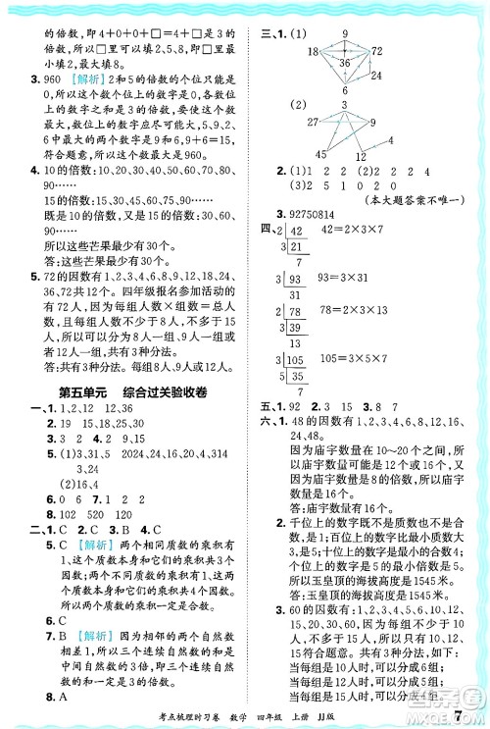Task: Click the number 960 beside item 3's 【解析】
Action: click(x=52, y=78)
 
